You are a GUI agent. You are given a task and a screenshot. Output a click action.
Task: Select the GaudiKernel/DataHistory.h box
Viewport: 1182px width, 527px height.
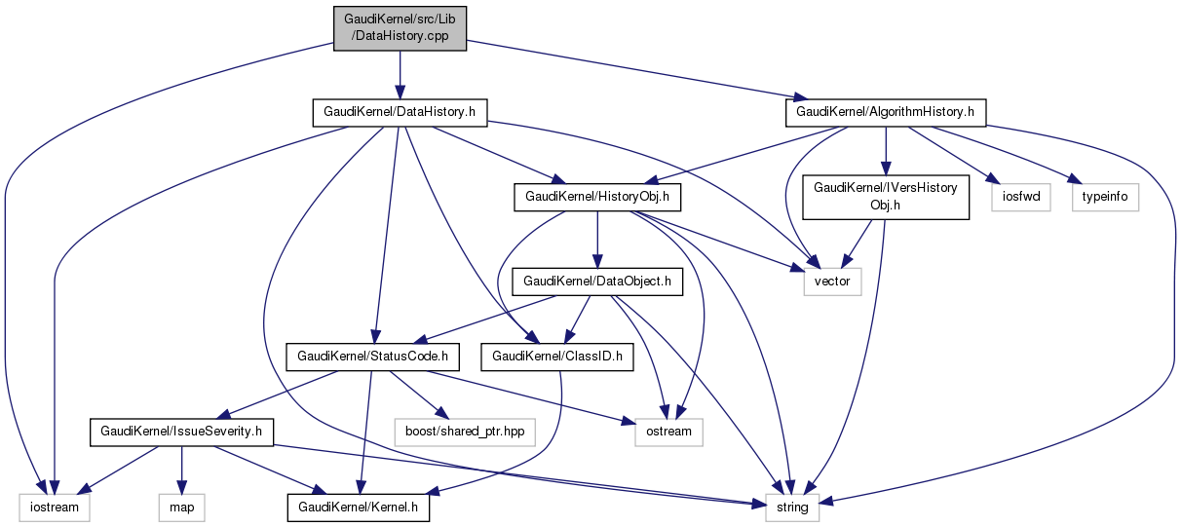pyautogui.click(x=400, y=112)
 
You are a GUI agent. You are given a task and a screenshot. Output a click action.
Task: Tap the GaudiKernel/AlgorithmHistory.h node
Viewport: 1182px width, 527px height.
pyautogui.click(x=886, y=112)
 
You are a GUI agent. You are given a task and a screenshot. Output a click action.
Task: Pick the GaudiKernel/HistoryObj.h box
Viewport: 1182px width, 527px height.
pyautogui.click(x=596, y=198)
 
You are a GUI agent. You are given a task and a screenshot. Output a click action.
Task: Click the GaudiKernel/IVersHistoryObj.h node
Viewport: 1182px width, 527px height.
pyautogui.click(x=886, y=198)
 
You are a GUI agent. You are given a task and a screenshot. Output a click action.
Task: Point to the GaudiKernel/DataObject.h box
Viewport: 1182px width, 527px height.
pyautogui.click(x=597, y=282)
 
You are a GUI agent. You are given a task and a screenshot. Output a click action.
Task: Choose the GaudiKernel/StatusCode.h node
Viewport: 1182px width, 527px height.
pyautogui.click(x=371, y=358)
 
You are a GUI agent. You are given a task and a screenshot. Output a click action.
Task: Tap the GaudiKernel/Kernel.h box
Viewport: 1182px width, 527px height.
pyautogui.click(x=358, y=507)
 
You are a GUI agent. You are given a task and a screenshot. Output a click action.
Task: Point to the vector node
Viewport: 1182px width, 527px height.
pyautogui.click(x=832, y=282)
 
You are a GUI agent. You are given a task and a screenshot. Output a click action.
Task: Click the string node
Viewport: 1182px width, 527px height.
pyautogui.click(x=792, y=507)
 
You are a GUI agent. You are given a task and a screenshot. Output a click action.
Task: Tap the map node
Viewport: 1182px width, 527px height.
pyautogui.click(x=182, y=507)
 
